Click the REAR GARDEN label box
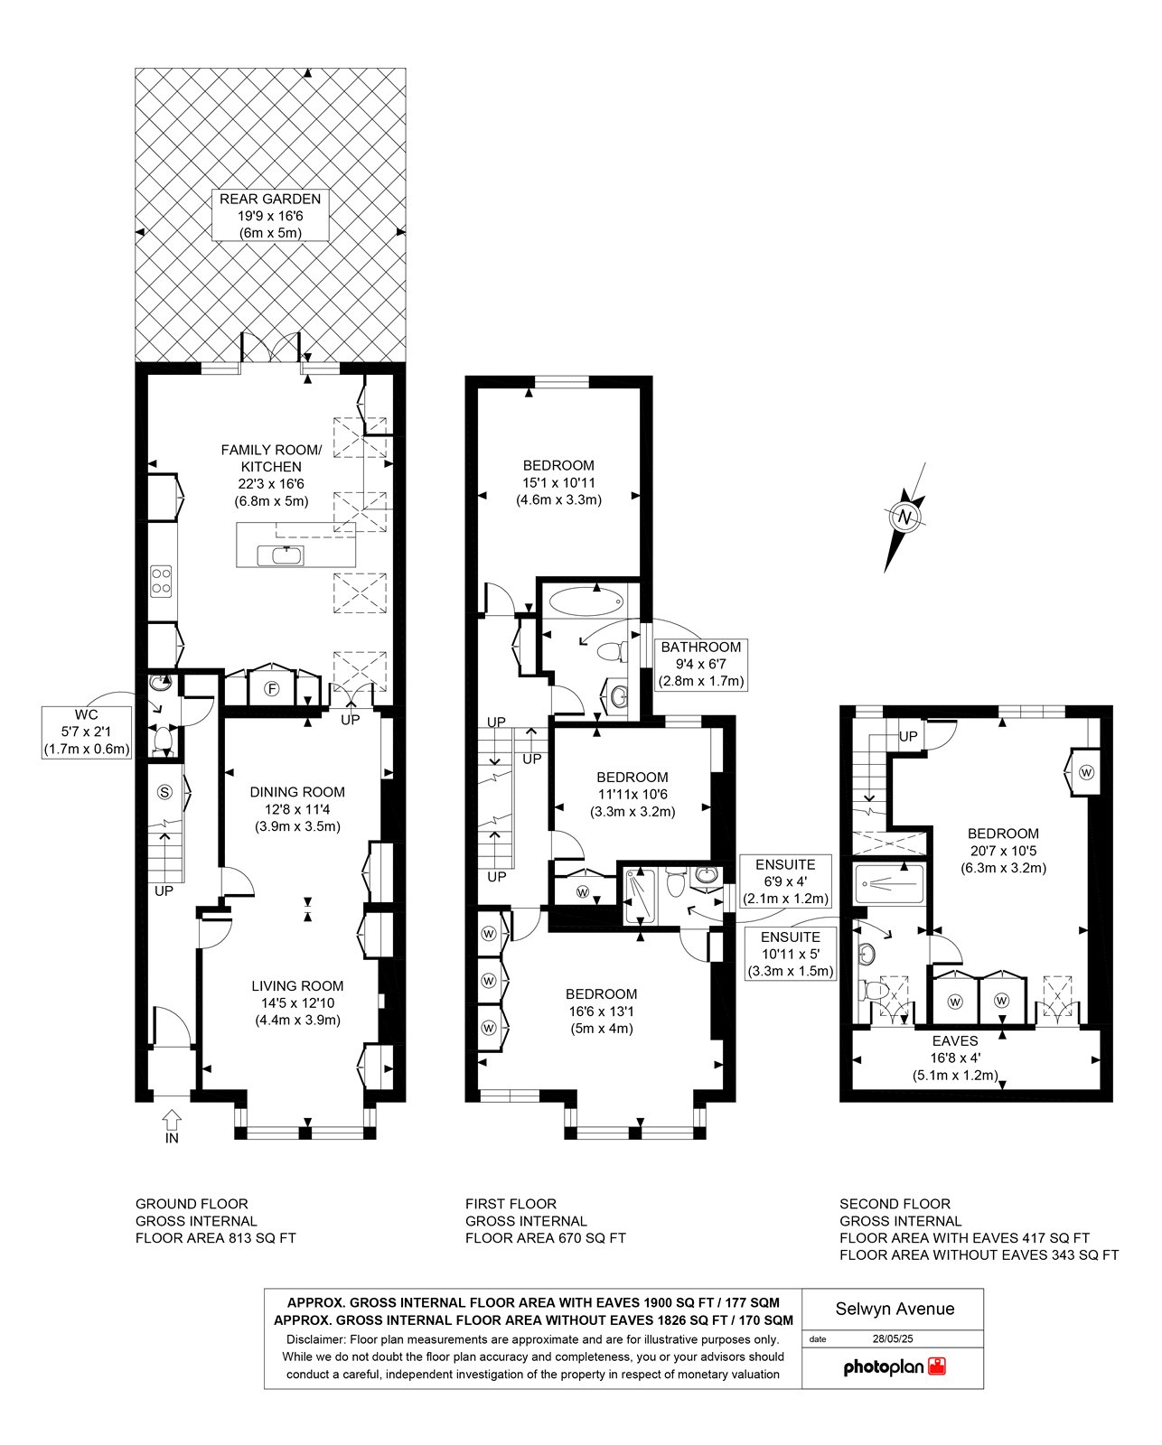click(x=270, y=216)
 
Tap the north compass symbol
click(x=904, y=517)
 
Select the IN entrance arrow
click(x=173, y=1118)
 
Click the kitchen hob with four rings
click(x=162, y=581)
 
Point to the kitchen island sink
click(x=280, y=556)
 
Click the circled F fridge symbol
click(x=271, y=689)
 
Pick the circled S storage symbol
click(x=164, y=792)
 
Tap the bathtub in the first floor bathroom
click(x=582, y=601)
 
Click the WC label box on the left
click(x=87, y=732)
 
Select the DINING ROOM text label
click(x=297, y=792)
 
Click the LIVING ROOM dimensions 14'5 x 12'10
click(x=297, y=1003)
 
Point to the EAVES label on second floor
click(x=954, y=1041)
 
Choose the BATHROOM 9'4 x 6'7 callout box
click(x=700, y=665)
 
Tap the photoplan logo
click(x=894, y=1366)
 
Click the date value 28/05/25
click(x=893, y=1338)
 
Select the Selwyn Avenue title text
click(x=895, y=1309)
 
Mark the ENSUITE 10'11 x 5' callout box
click(x=791, y=955)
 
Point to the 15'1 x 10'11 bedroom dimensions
click(x=558, y=483)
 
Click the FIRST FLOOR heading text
click(x=511, y=1204)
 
